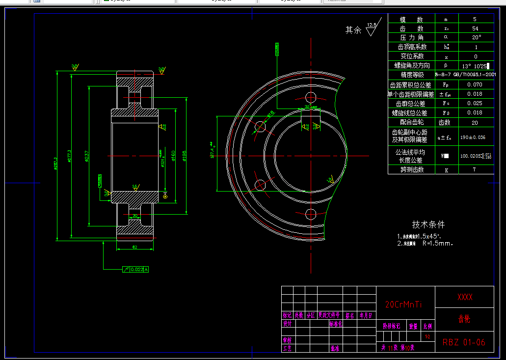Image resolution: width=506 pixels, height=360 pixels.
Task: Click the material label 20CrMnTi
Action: pos(403,305)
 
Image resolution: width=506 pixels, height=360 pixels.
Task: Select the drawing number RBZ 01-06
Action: pos(464,342)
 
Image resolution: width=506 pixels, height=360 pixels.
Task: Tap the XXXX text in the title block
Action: pos(464,297)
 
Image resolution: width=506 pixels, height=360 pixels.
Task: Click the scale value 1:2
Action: pos(427,337)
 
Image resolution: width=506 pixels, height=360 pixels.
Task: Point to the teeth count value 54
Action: pos(475,28)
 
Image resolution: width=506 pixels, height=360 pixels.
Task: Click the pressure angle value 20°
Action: pos(476,37)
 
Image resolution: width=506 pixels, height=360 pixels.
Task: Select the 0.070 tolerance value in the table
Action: pos(475,84)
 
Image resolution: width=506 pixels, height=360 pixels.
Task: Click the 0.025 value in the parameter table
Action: pos(475,103)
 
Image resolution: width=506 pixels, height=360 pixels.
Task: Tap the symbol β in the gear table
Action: pos(446,65)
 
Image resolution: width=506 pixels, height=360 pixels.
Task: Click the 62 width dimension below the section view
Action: pos(134,247)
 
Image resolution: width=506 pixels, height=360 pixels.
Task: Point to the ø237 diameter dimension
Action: pos(87,156)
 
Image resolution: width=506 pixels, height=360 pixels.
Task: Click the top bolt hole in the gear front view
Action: pos(310,96)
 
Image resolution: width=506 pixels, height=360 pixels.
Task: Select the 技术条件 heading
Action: pos(428,224)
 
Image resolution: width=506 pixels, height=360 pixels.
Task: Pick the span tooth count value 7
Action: pos(475,169)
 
